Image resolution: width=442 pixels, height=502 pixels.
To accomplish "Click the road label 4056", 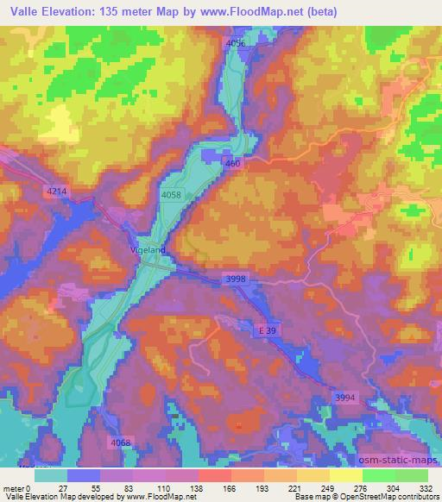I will [235, 43].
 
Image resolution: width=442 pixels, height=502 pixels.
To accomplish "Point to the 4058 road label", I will [171, 197].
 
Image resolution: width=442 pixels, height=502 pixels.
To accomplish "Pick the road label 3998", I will [236, 279].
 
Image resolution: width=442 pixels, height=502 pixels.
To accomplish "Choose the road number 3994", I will [344, 396].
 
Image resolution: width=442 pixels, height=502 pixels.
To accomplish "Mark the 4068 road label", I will [121, 442].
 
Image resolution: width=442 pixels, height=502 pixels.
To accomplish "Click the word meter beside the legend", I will [15, 488].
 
